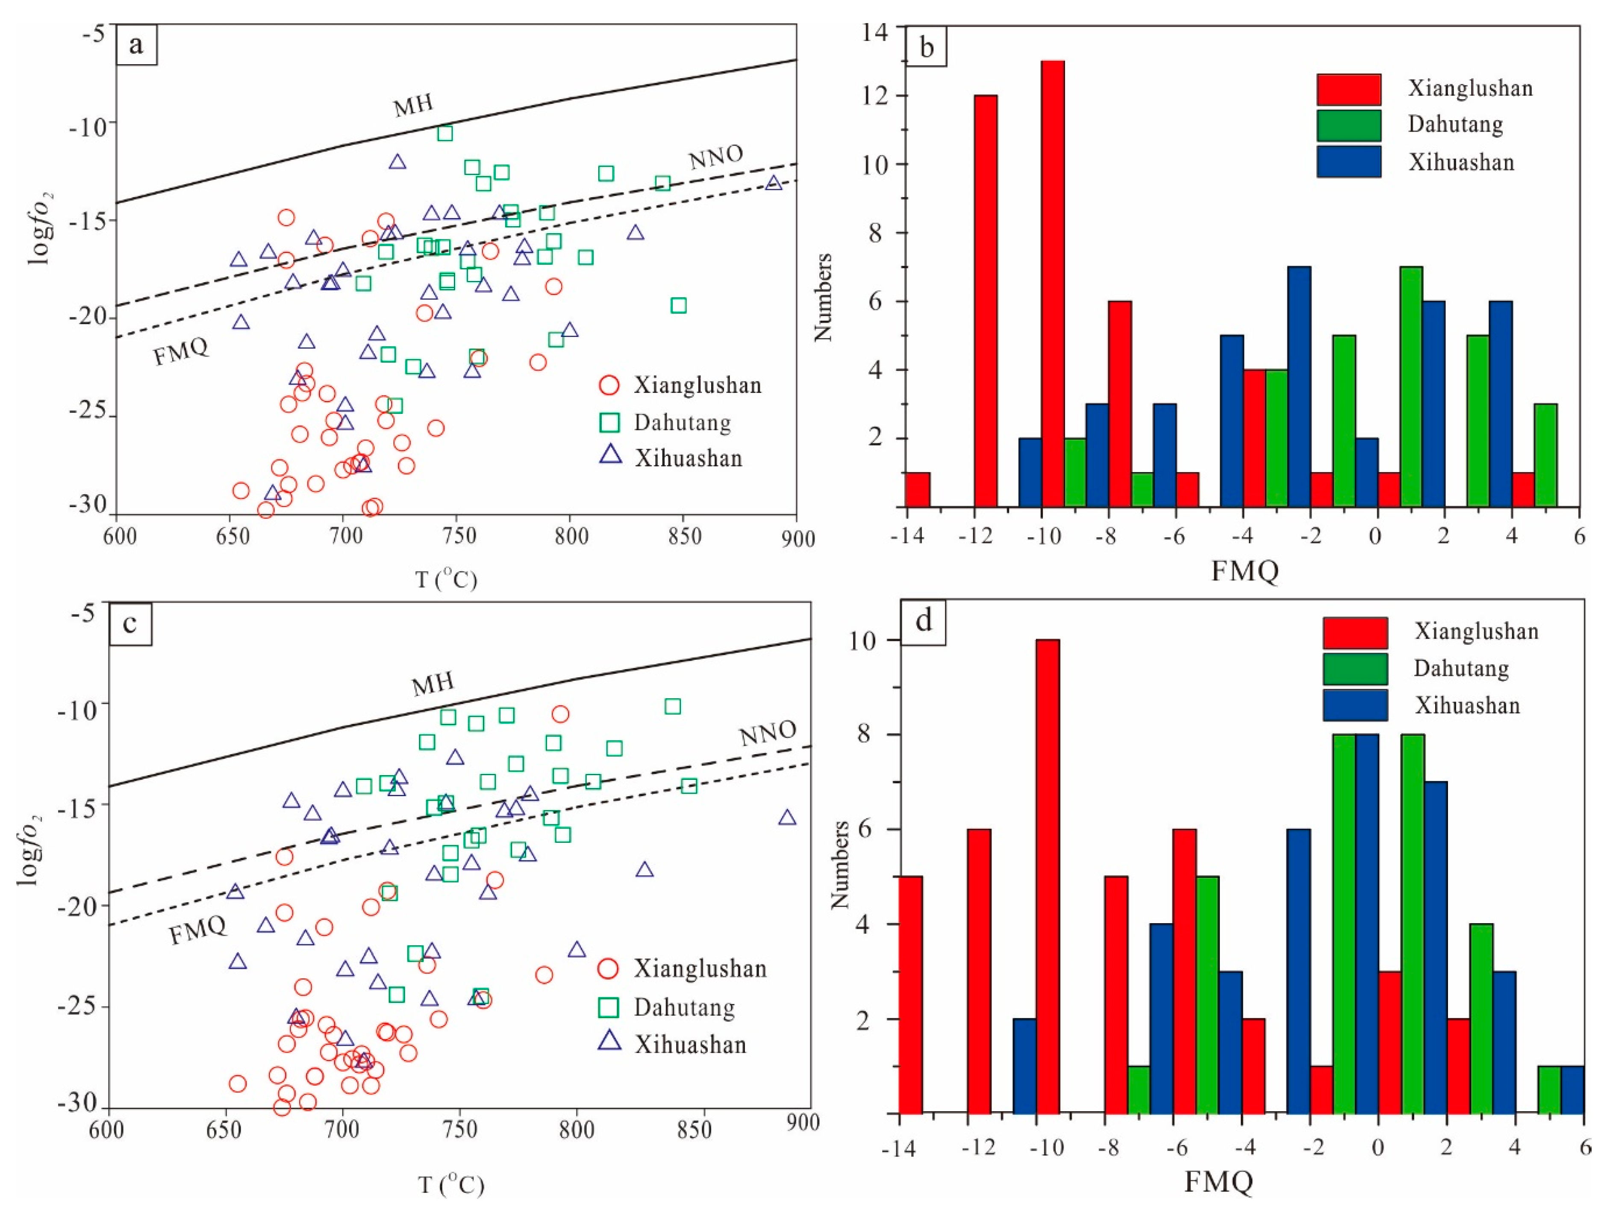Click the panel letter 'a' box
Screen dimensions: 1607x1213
[x=137, y=46]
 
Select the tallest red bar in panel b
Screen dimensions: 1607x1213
[x=1053, y=283]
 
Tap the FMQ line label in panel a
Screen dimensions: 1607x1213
[x=181, y=352]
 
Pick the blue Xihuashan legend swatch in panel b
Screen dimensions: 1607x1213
[x=1348, y=161]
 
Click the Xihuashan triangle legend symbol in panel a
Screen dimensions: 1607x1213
[x=611, y=455]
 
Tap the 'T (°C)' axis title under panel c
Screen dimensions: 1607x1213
[x=451, y=1185]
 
